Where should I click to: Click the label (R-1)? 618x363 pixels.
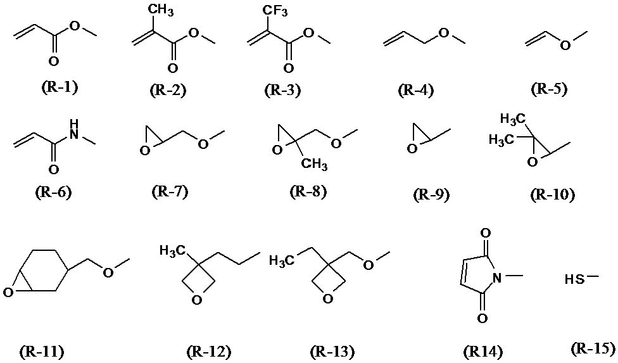pos(60,87)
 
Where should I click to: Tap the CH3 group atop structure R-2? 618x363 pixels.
pos(162,11)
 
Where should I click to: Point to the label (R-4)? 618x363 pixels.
pos(416,90)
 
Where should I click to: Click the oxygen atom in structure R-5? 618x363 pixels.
pos(565,46)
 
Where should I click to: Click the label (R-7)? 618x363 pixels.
pos(170,191)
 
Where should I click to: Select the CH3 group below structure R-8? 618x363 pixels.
pos(314,163)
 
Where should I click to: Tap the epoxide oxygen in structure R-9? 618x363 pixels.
pos(412,149)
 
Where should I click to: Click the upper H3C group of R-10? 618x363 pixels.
pos(513,118)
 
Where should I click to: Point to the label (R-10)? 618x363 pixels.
pos(552,194)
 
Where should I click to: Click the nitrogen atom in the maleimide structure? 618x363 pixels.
pos(497,278)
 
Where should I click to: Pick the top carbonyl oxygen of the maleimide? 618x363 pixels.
pos(486,233)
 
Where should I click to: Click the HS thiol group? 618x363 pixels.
pos(573,279)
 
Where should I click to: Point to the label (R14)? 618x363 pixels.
pos(483,351)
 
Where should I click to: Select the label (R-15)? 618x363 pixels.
pos(593,348)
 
